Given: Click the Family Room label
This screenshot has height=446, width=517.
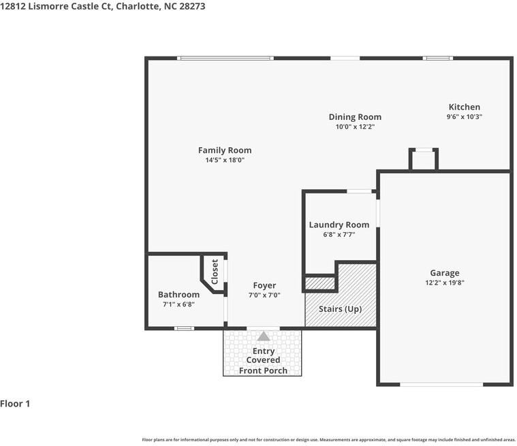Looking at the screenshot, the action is pos(225,150).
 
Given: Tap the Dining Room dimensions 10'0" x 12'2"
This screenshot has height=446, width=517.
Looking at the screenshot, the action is pos(355,127).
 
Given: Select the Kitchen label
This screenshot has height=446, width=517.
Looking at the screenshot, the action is pos(465,107).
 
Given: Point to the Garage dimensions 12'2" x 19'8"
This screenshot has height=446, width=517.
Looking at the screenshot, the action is pos(445,283).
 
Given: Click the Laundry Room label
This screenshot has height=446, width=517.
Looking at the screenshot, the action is pos(339,225).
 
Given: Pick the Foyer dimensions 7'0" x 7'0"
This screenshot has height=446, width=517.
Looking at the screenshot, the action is pos(264,295).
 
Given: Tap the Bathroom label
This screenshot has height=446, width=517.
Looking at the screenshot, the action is pos(178,294).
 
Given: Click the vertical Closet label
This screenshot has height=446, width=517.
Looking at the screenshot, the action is pos(215,272).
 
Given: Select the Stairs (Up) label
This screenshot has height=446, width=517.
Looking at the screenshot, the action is pos(341,309).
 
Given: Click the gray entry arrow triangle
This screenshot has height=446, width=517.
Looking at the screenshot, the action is pos(264,336).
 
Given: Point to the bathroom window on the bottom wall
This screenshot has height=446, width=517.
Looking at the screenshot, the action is pos(185,328).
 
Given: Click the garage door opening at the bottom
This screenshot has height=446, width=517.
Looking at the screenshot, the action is pos(441,384).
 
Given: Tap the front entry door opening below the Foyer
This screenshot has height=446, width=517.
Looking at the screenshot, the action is pos(263,328).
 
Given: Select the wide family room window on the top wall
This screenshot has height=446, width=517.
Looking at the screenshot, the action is pos(225,59).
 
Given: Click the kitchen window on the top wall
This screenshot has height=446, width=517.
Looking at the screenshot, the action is pos(438,59).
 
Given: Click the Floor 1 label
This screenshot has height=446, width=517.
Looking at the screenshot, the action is pos(15,404).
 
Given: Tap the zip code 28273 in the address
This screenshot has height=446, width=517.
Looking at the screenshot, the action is pos(192,6).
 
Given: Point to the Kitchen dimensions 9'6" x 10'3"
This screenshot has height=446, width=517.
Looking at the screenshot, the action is pos(465,116).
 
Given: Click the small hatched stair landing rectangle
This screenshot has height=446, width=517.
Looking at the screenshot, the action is pos(320,283).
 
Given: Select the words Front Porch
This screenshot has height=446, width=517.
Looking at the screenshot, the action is pos(263,370).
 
